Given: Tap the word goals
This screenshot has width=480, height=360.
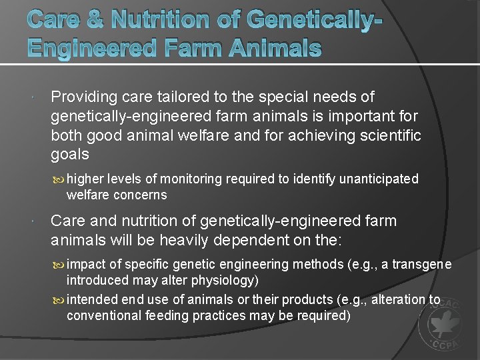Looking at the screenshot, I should [70, 155].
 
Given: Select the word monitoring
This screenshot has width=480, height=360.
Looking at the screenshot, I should [191, 179].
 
